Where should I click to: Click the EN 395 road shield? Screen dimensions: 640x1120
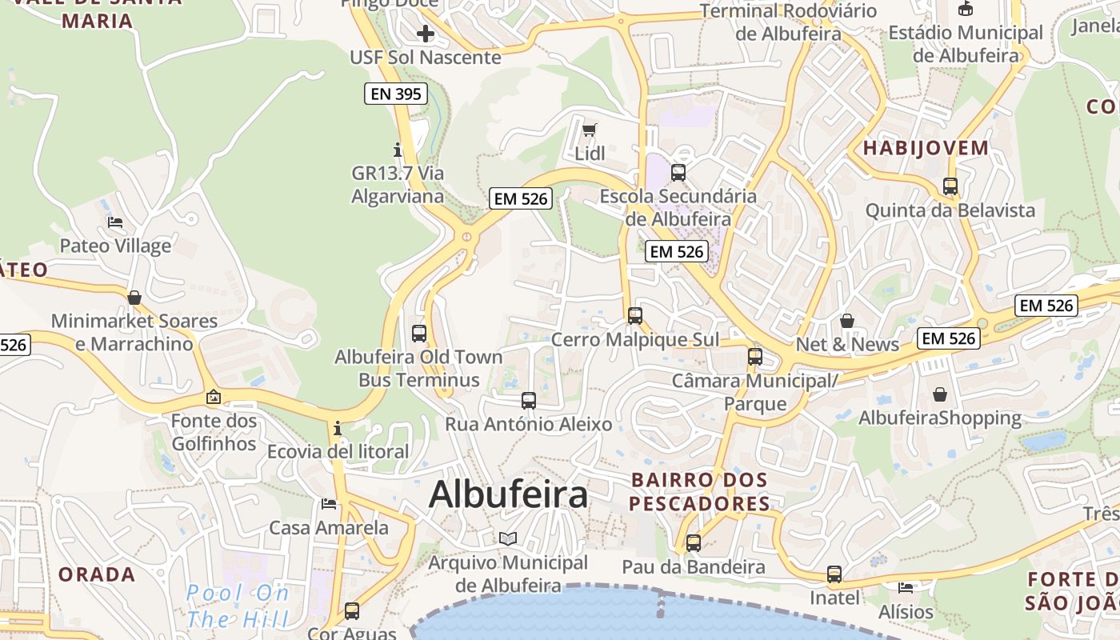(x=396, y=94)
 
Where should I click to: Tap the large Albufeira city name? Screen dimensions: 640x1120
(x=509, y=494)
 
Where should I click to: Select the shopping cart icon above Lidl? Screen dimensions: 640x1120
(x=590, y=130)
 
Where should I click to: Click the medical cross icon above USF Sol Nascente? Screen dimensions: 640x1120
(x=426, y=34)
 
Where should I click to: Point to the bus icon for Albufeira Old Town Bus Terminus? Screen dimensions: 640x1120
(x=418, y=334)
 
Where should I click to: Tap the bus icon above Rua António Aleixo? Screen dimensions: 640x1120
(x=528, y=401)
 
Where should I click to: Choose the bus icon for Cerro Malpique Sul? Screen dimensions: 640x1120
(x=635, y=316)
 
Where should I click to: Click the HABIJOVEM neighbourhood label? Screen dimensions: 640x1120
(x=926, y=148)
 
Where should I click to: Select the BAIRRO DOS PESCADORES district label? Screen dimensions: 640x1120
(x=700, y=491)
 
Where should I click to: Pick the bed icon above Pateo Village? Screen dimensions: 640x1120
(x=115, y=222)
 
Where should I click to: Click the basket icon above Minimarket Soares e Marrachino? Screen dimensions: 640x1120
(x=134, y=298)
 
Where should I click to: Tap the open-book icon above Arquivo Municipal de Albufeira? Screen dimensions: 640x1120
(x=508, y=538)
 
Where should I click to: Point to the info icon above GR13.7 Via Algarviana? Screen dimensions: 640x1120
(x=398, y=150)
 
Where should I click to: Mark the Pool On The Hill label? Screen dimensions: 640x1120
(x=238, y=606)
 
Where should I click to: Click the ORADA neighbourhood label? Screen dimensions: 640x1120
(x=97, y=574)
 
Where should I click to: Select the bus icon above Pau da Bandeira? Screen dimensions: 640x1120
(x=694, y=543)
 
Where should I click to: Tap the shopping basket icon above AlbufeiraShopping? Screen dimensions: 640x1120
(x=940, y=394)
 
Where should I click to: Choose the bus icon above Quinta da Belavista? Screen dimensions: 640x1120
(x=950, y=186)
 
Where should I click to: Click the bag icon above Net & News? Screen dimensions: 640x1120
(x=847, y=321)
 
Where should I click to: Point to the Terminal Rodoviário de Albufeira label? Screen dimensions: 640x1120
(x=788, y=22)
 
